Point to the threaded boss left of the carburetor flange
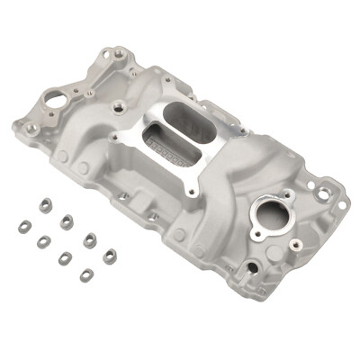pos(118,109)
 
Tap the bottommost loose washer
pos(86,274)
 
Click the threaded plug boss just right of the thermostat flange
pos(302,223)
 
